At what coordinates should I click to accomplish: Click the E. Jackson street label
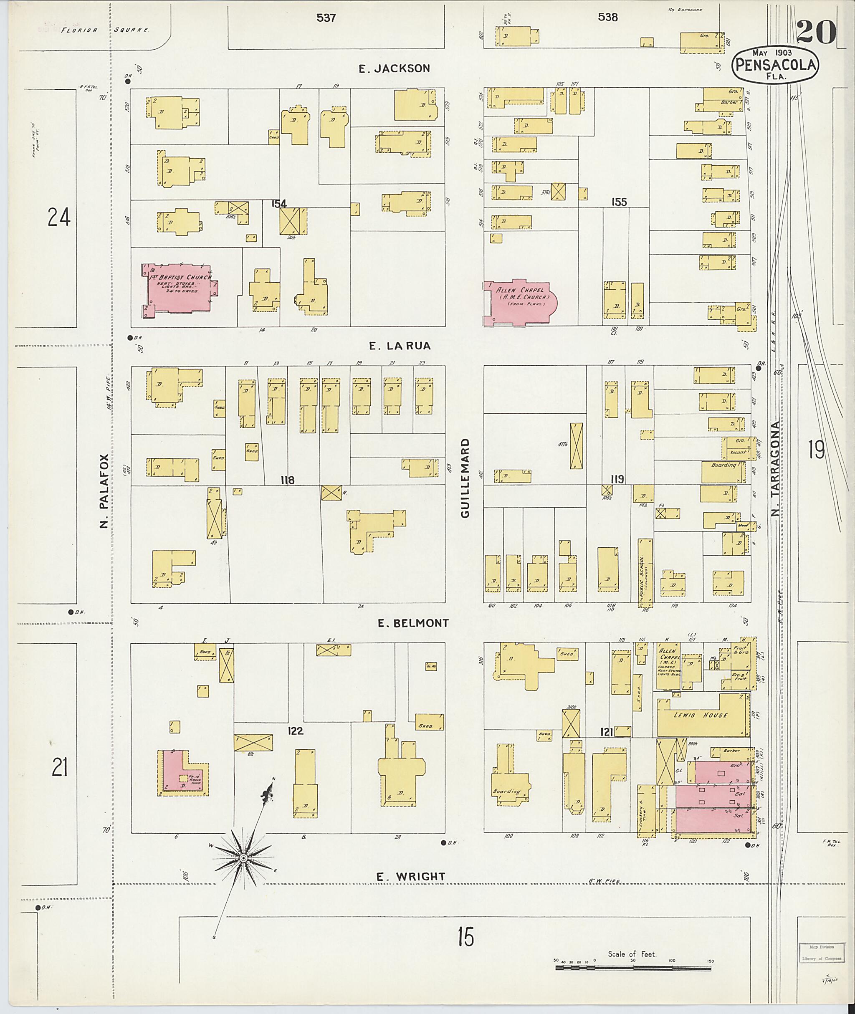coord(394,68)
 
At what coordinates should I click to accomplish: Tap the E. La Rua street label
coord(400,346)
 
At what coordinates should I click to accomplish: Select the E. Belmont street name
coord(413,623)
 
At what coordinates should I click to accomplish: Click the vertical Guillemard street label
coord(466,478)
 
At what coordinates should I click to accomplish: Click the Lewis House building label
coord(701,715)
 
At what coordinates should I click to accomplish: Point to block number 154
coord(279,204)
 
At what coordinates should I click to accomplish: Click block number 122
coord(295,731)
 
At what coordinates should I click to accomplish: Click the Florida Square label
coord(104,30)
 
